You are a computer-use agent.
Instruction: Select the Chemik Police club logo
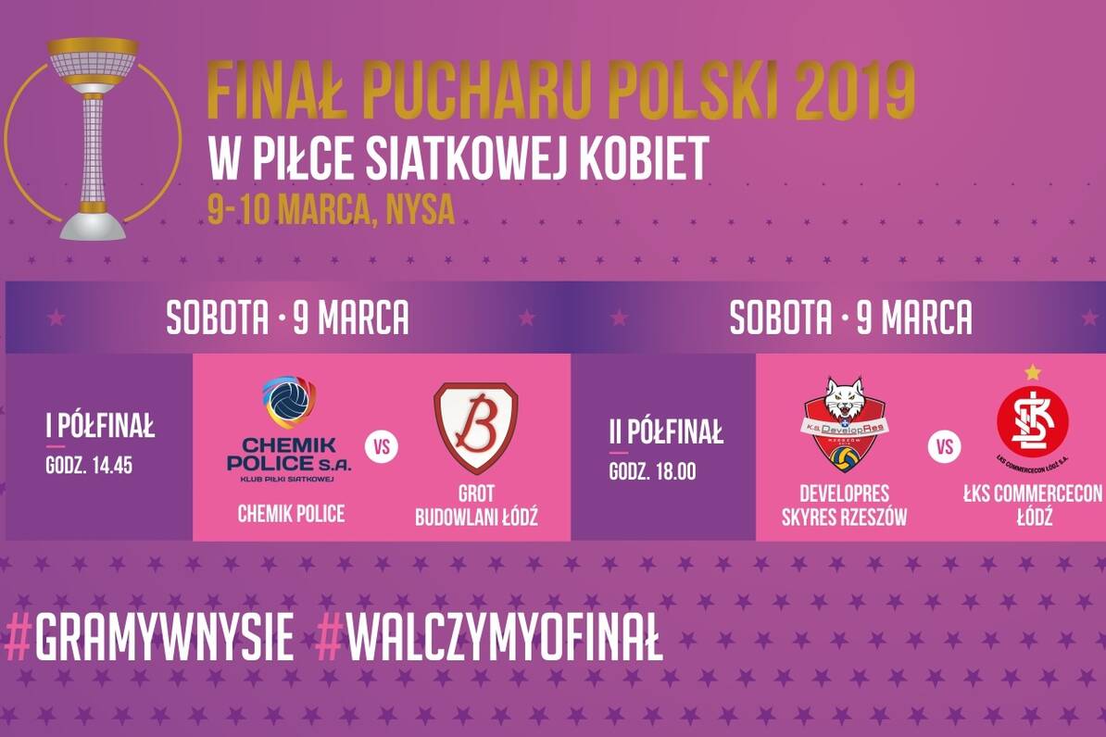coord(289,429)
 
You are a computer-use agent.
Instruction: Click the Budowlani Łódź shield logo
coord(475,428)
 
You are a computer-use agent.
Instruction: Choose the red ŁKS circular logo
coord(1033,424)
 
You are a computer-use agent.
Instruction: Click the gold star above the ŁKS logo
coord(1033,371)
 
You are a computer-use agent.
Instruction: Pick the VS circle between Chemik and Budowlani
coord(382,447)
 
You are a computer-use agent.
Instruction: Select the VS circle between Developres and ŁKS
coord(945,447)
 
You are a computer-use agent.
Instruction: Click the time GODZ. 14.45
coord(89,466)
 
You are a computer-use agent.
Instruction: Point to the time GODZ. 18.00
coord(652,471)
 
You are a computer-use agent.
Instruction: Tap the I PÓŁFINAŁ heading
coord(100,426)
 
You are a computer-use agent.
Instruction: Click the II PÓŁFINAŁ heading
coord(667,431)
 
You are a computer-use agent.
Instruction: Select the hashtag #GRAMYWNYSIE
coord(149,638)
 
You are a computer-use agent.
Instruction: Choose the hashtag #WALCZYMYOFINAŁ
coord(489,638)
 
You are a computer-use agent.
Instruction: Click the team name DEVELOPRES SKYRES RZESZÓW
coord(844,505)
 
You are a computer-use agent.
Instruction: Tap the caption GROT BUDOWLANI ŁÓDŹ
coord(476,505)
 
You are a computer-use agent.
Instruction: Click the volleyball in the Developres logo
coord(844,459)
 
